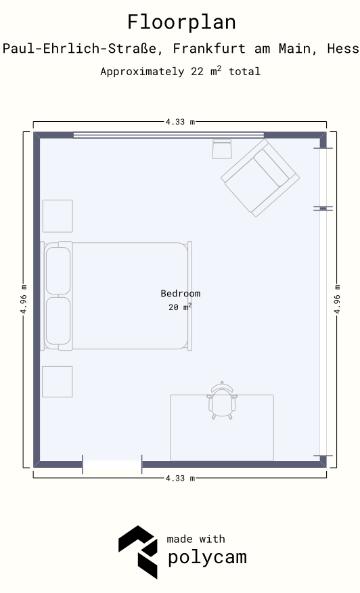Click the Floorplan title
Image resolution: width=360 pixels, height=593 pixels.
[181, 22]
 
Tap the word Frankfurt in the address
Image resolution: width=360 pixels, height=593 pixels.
[209, 49]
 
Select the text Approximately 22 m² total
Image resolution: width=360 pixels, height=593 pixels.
[181, 71]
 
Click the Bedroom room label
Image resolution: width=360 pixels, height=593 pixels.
[181, 294]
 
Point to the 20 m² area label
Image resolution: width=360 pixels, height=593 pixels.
[180, 307]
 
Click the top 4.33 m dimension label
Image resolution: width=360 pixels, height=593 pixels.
[181, 122]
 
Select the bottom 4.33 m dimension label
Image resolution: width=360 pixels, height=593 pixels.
[181, 478]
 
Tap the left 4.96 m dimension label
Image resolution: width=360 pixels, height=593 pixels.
[24, 299]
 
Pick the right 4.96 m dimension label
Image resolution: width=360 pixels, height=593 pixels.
[337, 299]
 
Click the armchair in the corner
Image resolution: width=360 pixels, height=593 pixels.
[260, 178]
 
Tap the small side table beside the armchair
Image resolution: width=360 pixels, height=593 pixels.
[222, 149]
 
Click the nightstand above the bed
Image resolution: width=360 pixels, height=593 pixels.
[58, 216]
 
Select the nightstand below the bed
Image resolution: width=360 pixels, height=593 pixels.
[57, 382]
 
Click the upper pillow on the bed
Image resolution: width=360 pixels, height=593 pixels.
[58, 271]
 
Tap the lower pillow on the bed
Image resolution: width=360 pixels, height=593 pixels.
[58, 321]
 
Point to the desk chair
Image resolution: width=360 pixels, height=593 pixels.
[222, 401]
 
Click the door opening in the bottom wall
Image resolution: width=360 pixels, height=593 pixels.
[112, 464]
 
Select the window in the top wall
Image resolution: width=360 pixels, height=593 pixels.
[168, 135]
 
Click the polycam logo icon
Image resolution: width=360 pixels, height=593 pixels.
[138, 552]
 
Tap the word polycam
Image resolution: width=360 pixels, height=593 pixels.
[207, 557]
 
